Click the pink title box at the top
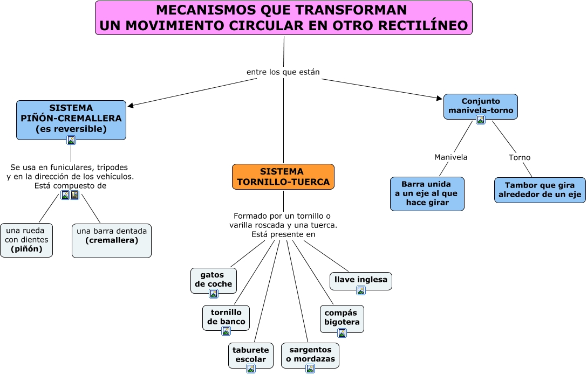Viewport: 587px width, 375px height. pyautogui.click(x=283, y=18)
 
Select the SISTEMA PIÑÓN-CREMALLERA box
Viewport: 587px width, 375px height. pyautogui.click(x=71, y=119)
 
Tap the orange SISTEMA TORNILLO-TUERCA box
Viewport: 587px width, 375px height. pyautogui.click(x=283, y=177)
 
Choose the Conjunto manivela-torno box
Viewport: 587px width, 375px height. pyautogui.click(x=480, y=106)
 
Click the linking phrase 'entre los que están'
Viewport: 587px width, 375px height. pyautogui.click(x=283, y=72)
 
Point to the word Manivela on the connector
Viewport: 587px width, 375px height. pyautogui.click(x=451, y=157)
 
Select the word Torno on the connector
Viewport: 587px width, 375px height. pyautogui.click(x=520, y=157)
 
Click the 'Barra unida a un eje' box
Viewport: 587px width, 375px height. pyautogui.click(x=427, y=193)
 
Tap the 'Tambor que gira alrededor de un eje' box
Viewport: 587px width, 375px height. pyautogui.click(x=540, y=190)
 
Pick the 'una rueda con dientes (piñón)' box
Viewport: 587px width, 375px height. pyautogui.click(x=26, y=240)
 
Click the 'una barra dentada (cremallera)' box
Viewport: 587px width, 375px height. pyautogui.click(x=112, y=240)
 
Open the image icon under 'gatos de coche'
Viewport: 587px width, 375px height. pyautogui.click(x=214, y=294)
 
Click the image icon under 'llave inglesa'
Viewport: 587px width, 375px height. pyautogui.click(x=361, y=290)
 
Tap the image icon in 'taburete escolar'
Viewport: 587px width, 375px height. pyautogui.click(x=251, y=369)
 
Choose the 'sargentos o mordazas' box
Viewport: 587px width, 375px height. pyautogui.click(x=310, y=355)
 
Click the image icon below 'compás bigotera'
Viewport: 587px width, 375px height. pyautogui.click(x=342, y=332)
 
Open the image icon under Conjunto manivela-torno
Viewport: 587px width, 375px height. pyautogui.click(x=481, y=120)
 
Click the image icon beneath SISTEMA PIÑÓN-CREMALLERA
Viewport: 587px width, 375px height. pyautogui.click(x=71, y=140)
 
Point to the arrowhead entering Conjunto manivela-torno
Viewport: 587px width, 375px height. pyautogui.click(x=440, y=98)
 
